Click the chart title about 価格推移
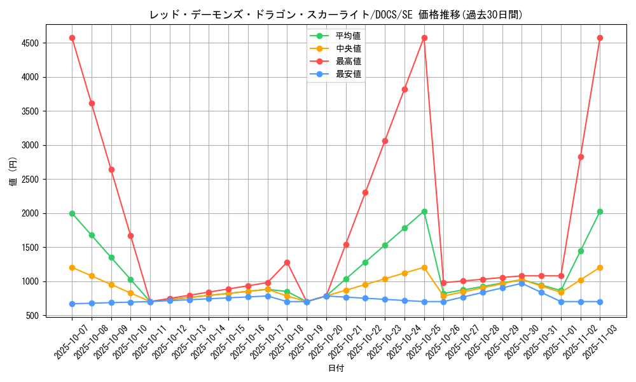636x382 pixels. (x=336, y=15)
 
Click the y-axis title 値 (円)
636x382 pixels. (x=13, y=172)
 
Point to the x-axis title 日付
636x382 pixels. (x=336, y=369)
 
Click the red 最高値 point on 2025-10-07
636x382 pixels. (x=72, y=38)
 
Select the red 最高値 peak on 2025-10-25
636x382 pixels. (x=424, y=38)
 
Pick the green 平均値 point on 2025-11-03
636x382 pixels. (x=600, y=211)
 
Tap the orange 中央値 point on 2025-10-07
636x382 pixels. (x=72, y=267)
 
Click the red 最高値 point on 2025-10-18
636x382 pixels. (x=287, y=262)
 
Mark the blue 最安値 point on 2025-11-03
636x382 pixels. (x=600, y=302)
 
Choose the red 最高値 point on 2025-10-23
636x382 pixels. (x=385, y=141)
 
